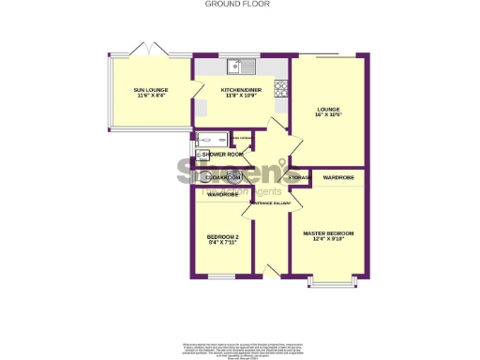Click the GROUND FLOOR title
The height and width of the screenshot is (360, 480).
(239, 4)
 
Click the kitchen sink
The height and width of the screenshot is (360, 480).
(246, 66)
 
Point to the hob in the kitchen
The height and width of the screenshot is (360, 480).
(279, 89)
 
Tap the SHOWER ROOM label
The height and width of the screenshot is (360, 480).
(222, 154)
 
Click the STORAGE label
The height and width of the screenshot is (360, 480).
(299, 177)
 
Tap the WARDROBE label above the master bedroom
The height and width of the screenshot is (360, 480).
(337, 177)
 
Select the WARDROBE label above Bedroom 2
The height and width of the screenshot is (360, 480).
(221, 195)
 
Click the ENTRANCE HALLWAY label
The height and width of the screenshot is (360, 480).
(270, 202)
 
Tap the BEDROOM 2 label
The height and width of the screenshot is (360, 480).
(221, 237)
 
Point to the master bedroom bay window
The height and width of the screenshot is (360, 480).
(328, 280)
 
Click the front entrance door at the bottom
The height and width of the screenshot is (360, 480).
(271, 271)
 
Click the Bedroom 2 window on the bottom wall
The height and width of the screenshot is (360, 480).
(221, 276)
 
